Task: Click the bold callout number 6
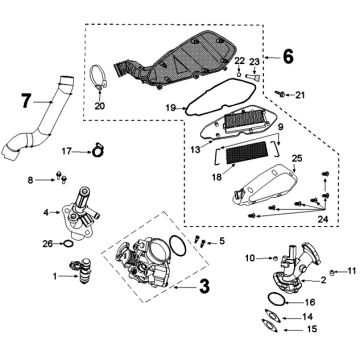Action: (288, 57)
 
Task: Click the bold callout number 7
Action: (27, 99)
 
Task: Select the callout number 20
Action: (98, 105)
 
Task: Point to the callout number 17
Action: (67, 151)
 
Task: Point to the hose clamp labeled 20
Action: (98, 77)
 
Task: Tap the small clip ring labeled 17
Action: (97, 151)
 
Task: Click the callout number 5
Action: (222, 241)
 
